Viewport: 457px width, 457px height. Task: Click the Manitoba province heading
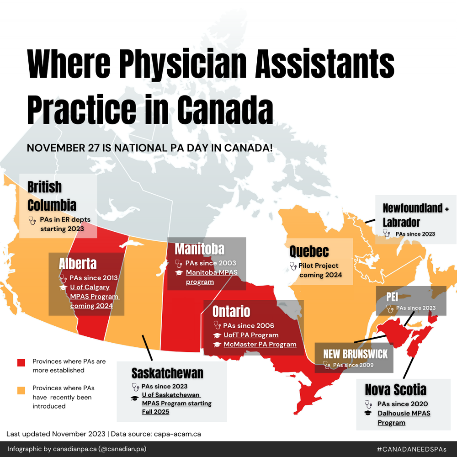[x=200, y=249]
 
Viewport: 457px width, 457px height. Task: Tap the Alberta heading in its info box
[x=78, y=264]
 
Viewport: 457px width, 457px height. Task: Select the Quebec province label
[x=309, y=251]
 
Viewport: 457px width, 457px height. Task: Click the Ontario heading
[x=231, y=311]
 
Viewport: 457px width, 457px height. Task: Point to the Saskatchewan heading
[x=167, y=373]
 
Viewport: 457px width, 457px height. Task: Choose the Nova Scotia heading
[x=395, y=389]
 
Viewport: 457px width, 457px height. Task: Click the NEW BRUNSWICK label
[x=355, y=354]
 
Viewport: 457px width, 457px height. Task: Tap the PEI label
[x=392, y=296]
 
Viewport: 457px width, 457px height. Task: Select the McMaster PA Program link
[x=260, y=344]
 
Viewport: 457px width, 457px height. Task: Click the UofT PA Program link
[x=251, y=335]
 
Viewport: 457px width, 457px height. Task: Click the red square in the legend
[x=21, y=362]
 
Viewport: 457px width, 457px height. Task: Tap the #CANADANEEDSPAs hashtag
[x=411, y=449]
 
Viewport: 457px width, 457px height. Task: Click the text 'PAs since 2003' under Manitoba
[x=211, y=263]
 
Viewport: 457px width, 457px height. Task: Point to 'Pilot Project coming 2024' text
[x=320, y=270]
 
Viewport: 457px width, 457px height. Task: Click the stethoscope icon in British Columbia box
[x=32, y=220]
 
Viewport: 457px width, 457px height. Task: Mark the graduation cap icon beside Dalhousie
[x=367, y=413]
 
